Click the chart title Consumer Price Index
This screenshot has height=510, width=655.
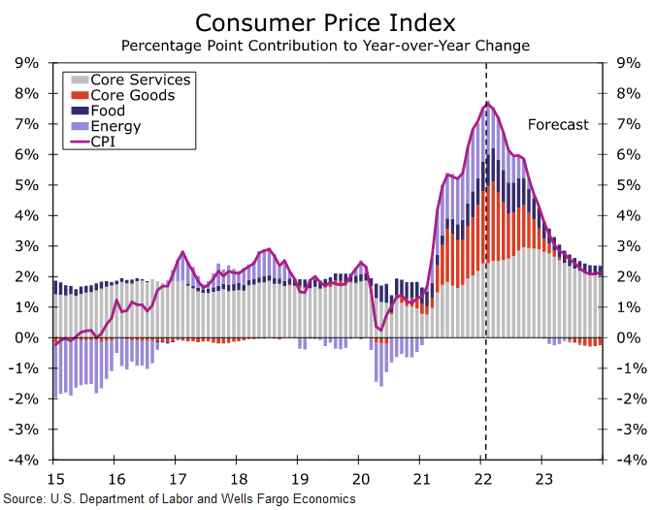click(x=327, y=21)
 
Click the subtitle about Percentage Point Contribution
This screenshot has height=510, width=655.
click(x=327, y=46)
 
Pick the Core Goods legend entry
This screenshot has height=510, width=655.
click(x=132, y=95)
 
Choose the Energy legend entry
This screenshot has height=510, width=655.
click(x=115, y=126)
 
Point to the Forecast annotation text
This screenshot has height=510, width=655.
click(x=558, y=124)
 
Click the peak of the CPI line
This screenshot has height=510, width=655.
click(x=486, y=103)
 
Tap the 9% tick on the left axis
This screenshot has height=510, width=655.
click(x=26, y=63)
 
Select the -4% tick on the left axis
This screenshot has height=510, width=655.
click(x=24, y=460)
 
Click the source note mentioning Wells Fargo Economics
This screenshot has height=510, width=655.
click(x=179, y=499)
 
